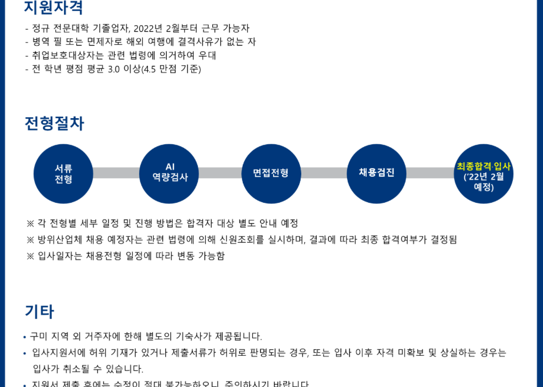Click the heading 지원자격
[x=54, y=7]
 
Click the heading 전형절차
[x=54, y=123]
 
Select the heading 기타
[x=39, y=311]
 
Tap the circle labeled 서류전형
[x=63, y=174]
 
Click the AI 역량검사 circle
[x=170, y=174]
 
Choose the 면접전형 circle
[x=271, y=174]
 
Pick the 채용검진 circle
[x=377, y=174]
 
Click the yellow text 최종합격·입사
[x=484, y=166]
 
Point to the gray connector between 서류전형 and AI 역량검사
[x=117, y=173]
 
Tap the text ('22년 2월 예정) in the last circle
[x=484, y=182]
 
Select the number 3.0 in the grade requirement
[x=113, y=69]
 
